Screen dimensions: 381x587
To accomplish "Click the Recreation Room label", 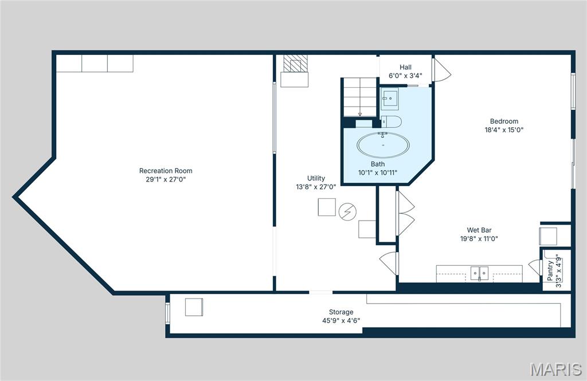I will pyautogui.click(x=166, y=171).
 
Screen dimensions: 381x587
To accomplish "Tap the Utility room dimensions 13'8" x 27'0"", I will pyautogui.click(x=316, y=186).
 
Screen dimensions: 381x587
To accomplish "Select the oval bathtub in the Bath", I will pyautogui.click(x=383, y=146).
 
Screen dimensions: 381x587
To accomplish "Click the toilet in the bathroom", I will pyautogui.click(x=392, y=121).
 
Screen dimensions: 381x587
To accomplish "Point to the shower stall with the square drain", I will pyautogui.click(x=390, y=99).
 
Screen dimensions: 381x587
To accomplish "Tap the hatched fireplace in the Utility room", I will pyautogui.click(x=295, y=64).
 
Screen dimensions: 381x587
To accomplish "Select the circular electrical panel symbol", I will pyautogui.click(x=347, y=212).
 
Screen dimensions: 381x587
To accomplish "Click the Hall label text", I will pyautogui.click(x=405, y=67).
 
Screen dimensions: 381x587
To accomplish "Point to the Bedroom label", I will pyautogui.click(x=504, y=121).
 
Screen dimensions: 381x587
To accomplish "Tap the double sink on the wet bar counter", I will pyautogui.click(x=479, y=273).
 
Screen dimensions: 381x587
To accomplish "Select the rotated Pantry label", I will pyautogui.click(x=550, y=270).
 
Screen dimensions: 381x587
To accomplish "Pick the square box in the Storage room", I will pyautogui.click(x=194, y=308).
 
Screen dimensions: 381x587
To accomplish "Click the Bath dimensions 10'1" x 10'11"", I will pyautogui.click(x=378, y=172).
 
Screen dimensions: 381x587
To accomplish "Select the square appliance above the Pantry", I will pyautogui.click(x=547, y=236).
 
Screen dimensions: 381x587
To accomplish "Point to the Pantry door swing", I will pyautogui.click(x=534, y=267).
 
